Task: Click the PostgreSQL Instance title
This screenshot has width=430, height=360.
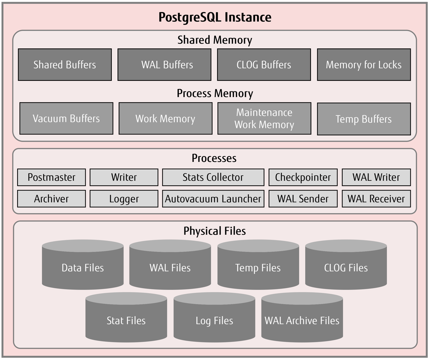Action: click(215, 17)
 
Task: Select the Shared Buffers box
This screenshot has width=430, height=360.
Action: click(65, 65)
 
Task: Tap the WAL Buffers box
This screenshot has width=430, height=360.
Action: click(164, 65)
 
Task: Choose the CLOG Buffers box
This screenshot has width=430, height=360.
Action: click(264, 65)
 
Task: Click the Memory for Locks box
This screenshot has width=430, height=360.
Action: click(364, 65)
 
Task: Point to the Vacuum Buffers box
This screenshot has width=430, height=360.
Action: click(66, 118)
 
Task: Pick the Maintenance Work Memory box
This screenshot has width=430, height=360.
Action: click(264, 118)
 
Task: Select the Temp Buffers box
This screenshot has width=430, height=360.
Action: click(364, 119)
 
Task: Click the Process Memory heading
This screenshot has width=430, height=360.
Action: click(215, 94)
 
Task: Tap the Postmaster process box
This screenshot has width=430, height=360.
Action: click(51, 177)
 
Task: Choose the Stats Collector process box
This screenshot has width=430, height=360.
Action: click(213, 177)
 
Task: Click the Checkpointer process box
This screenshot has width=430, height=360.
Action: click(303, 177)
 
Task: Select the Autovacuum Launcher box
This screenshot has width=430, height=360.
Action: click(213, 199)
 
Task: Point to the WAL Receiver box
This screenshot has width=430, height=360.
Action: click(376, 199)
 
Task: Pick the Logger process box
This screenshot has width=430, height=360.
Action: click(124, 199)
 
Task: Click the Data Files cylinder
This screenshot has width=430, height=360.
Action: click(83, 268)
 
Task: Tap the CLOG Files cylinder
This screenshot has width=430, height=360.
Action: click(346, 268)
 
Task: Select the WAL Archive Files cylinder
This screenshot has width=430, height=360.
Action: click(302, 320)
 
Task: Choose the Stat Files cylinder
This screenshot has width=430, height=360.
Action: click(126, 320)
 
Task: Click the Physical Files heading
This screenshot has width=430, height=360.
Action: click(215, 231)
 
